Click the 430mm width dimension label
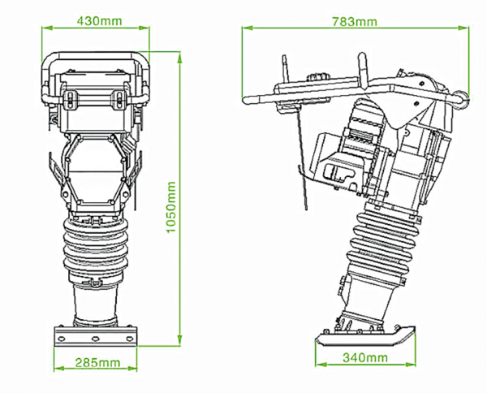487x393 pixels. [x=95, y=20]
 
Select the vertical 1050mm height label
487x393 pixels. [x=171, y=205]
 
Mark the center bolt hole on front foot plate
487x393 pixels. [x=95, y=338]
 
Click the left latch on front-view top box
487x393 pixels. [x=69, y=100]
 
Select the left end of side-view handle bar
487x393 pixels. [x=248, y=98]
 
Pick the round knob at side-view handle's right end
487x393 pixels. [x=465, y=98]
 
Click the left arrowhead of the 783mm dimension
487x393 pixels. [x=246, y=30]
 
